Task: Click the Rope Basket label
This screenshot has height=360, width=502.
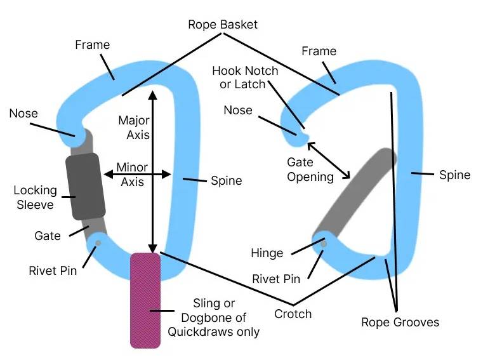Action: click(x=223, y=25)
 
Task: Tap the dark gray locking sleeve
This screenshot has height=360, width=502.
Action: click(x=86, y=187)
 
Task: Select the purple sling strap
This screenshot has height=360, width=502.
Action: click(x=145, y=300)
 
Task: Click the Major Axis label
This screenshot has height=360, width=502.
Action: click(x=134, y=128)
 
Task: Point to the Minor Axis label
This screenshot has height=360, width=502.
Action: click(x=132, y=174)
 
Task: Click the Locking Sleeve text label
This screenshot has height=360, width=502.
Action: click(x=35, y=197)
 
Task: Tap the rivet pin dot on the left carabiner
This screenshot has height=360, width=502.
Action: click(x=98, y=243)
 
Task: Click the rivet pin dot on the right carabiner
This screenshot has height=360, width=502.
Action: click(x=324, y=244)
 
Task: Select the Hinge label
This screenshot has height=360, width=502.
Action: click(x=267, y=253)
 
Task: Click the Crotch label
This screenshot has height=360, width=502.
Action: click(x=293, y=314)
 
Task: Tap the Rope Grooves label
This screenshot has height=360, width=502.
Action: click(x=400, y=322)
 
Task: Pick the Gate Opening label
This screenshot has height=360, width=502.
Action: click(x=310, y=170)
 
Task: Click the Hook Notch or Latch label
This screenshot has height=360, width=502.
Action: click(x=245, y=77)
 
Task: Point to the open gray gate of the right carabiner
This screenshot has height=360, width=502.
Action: click(x=355, y=193)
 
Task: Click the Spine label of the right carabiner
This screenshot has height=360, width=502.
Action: click(x=454, y=175)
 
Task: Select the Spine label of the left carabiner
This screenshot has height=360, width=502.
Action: click(x=227, y=181)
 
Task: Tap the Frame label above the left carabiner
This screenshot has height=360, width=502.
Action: click(x=93, y=45)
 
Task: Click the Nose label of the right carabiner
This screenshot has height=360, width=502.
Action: click(x=238, y=110)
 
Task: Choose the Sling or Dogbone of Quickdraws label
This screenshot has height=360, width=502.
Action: click(x=213, y=317)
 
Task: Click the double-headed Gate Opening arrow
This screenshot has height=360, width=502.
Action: click(x=329, y=161)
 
